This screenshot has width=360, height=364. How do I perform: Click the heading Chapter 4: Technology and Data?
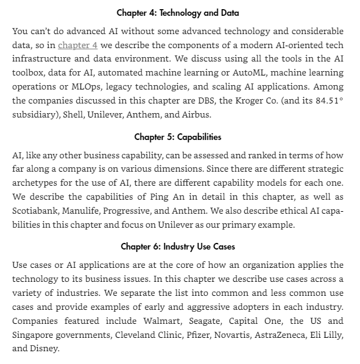point(177,13)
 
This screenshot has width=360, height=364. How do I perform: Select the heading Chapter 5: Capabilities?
point(177,137)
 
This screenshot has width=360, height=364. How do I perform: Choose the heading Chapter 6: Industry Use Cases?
point(177,247)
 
